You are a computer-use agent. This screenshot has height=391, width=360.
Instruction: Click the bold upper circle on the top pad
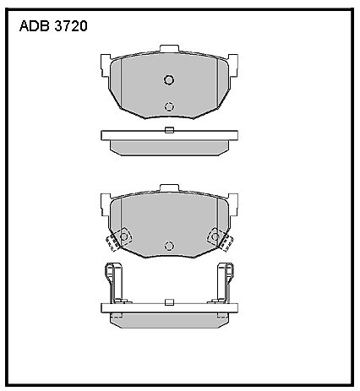168,80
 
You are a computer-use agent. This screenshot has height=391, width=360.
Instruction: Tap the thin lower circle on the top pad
169,106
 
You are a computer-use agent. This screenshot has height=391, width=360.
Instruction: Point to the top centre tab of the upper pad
169,52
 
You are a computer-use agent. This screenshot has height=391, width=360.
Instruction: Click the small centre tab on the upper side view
169,129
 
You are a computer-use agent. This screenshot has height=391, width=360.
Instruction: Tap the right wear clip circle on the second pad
214,236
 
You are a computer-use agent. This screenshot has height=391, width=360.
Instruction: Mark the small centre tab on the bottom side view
169,300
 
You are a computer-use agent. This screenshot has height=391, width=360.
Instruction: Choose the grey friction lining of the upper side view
169,145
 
